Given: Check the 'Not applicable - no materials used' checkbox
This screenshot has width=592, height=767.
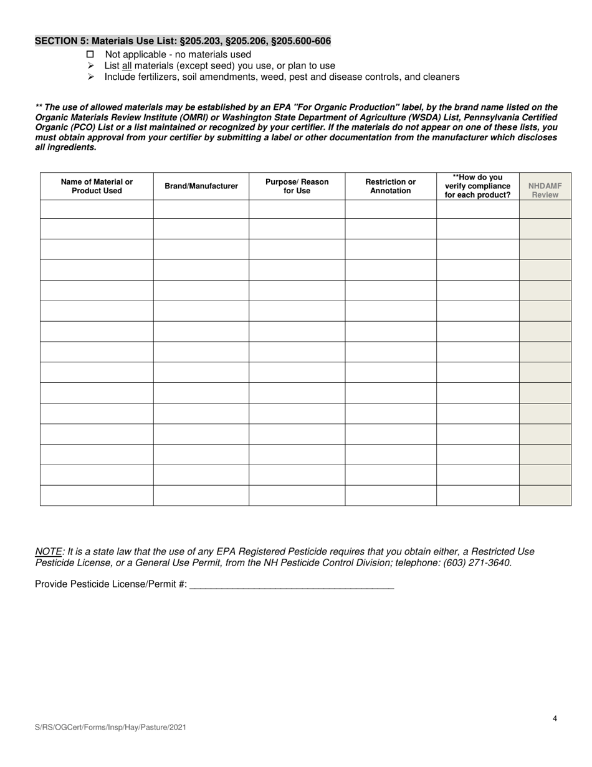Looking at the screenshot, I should click(90, 54).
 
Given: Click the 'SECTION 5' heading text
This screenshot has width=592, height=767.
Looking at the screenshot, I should click(183, 41).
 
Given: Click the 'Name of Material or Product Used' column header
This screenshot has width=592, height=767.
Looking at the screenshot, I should click(97, 186).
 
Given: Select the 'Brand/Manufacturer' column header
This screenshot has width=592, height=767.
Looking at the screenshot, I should click(201, 186).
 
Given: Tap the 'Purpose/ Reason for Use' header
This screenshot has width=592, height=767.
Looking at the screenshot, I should click(297, 186).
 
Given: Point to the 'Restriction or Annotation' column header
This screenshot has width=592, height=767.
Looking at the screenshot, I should click(390, 186).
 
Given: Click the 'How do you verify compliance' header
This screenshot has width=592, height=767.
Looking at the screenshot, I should click(477, 186).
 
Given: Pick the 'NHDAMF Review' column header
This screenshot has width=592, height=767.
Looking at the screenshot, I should click(545, 190).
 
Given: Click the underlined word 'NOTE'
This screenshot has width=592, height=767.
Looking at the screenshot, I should click(49, 551).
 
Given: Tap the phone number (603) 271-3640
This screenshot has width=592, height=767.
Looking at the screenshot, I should click(475, 562).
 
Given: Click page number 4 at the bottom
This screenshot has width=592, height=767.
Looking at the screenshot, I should click(555, 718).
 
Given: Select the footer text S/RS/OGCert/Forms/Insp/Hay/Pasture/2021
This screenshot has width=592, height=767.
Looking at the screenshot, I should click(110, 727).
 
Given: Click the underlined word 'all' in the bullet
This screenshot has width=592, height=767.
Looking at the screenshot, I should click(127, 65).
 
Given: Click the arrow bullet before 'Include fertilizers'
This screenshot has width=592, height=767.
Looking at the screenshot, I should click(90, 77).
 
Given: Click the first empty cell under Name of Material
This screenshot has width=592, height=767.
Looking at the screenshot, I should click(97, 209).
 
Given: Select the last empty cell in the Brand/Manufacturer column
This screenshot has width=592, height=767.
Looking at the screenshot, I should click(201, 495).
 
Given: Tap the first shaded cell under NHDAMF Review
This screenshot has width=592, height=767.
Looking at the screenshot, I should click(545, 209).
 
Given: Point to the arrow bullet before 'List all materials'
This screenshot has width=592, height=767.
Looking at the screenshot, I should click(90, 65).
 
